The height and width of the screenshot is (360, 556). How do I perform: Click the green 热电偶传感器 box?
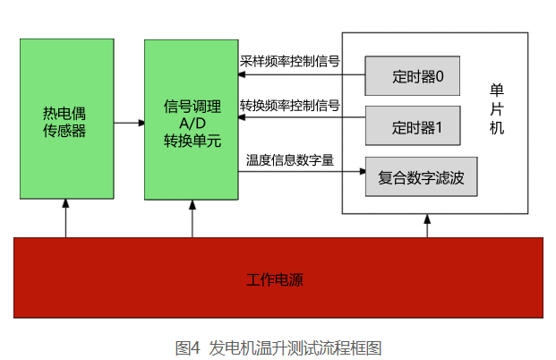65,121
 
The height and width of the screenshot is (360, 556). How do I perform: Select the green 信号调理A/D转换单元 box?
192,121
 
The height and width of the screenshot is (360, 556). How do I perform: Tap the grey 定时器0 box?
413,75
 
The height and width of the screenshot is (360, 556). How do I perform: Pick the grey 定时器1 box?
413,126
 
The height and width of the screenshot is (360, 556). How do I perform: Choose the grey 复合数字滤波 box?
421,177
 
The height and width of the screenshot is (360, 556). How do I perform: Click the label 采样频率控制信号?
289,62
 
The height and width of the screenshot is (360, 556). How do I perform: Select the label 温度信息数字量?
290,160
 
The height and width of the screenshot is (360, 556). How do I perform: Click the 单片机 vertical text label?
497,109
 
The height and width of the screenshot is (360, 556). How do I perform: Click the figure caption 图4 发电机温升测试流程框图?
278,347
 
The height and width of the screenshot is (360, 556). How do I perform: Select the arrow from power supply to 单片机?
427,226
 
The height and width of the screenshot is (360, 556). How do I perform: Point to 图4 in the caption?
186,347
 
